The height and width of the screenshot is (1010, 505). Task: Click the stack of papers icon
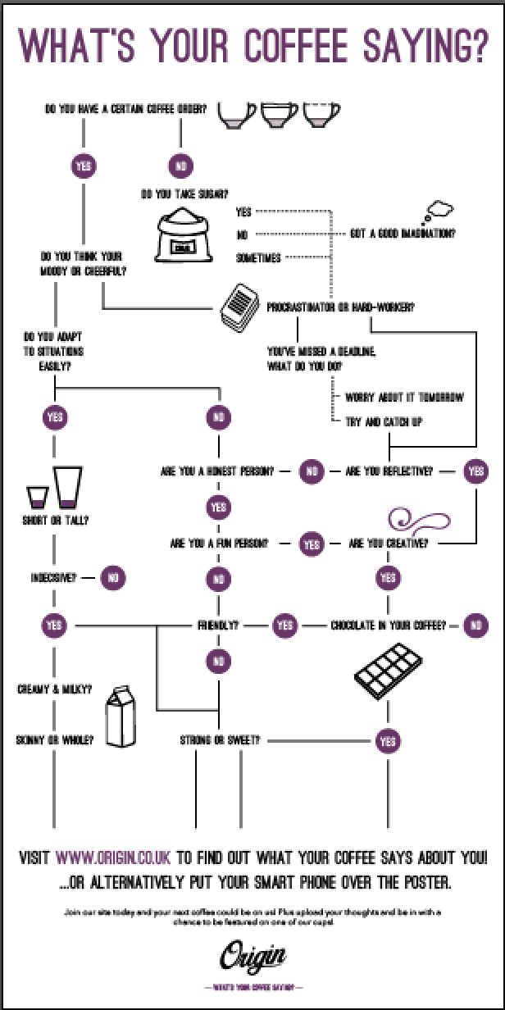pyautogui.click(x=239, y=307)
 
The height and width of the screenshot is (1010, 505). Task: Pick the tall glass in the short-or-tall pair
pyautogui.click(x=68, y=488)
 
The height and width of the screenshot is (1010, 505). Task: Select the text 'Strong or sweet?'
pyautogui.click(x=220, y=740)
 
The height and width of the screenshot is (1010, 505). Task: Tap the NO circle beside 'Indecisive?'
pyautogui.click(x=112, y=577)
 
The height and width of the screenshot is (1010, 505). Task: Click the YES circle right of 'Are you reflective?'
pyautogui.click(x=476, y=471)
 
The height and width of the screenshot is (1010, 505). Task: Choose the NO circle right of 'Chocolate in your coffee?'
pyautogui.click(x=476, y=626)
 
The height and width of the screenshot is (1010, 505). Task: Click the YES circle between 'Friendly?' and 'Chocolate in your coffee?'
pyautogui.click(x=284, y=626)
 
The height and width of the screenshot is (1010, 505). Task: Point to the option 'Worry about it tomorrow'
pyautogui.click(x=404, y=397)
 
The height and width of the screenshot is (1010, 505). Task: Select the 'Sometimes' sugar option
pyautogui.click(x=258, y=257)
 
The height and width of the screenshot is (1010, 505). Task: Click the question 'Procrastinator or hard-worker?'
pyautogui.click(x=340, y=307)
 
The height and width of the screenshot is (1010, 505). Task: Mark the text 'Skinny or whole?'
pyautogui.click(x=54, y=740)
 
